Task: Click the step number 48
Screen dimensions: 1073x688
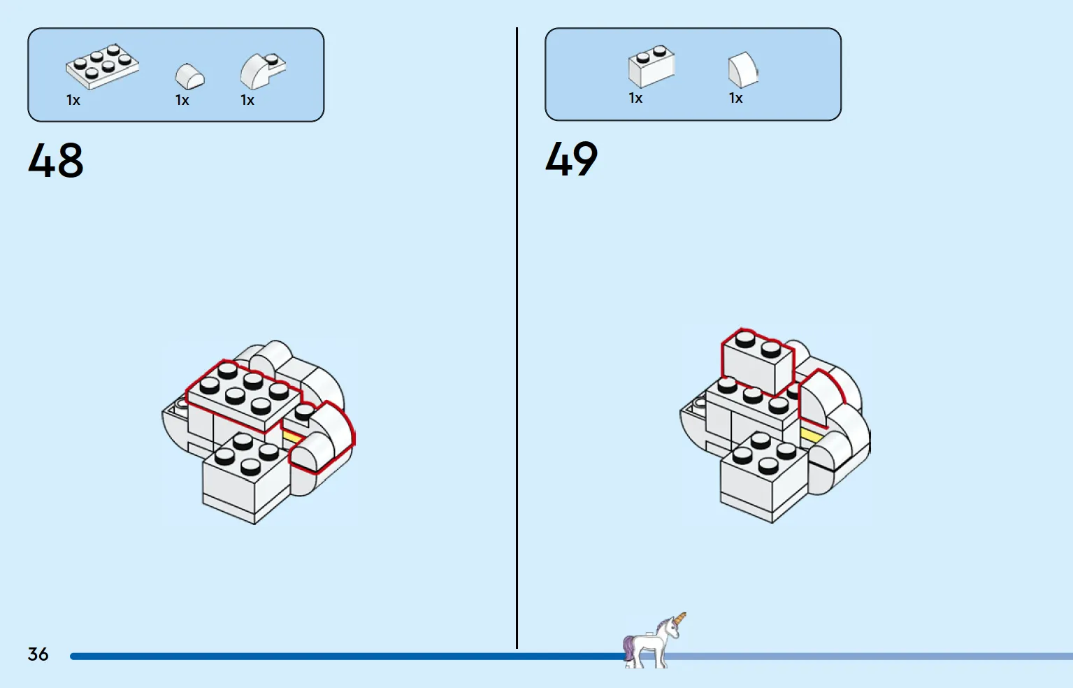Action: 55,160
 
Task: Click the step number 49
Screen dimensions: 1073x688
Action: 572,159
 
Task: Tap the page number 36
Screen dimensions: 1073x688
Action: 38,654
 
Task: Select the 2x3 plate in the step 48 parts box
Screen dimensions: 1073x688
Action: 103,66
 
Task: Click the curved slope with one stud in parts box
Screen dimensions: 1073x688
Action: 263,71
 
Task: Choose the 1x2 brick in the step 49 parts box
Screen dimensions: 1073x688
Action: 651,66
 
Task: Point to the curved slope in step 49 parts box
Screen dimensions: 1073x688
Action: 743,70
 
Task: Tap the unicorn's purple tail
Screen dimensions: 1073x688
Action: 628,647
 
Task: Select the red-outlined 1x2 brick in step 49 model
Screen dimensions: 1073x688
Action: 757,361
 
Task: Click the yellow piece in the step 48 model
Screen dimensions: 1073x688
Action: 292,437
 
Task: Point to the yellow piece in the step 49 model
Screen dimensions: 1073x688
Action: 809,436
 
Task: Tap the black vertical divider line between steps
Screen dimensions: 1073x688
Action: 517,338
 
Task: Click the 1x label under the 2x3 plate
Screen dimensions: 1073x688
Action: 73,100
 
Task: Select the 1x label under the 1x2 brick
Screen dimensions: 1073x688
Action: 635,98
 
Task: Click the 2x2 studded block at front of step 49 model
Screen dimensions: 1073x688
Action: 763,477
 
